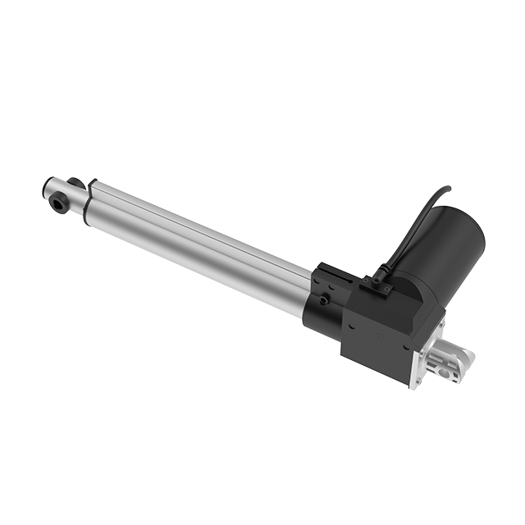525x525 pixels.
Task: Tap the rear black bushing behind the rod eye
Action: point(75,183)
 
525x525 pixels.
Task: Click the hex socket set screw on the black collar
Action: point(325,300)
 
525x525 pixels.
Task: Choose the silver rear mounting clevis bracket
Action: point(451,361)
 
